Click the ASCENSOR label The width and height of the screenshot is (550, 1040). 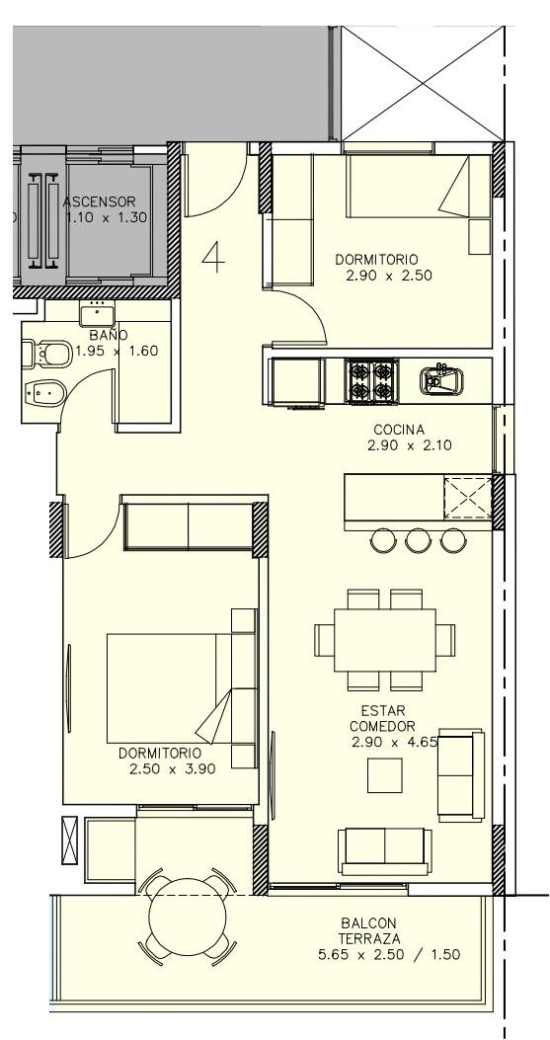[x=99, y=201]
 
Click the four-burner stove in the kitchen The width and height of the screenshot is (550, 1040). [x=371, y=380]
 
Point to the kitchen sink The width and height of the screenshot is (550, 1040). [x=441, y=380]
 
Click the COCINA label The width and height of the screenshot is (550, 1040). [x=398, y=430]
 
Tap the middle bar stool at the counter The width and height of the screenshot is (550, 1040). [x=418, y=540]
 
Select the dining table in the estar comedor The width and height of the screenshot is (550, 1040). [x=385, y=640]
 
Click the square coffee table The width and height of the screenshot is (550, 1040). [x=385, y=775]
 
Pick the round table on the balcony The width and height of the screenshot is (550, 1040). [x=187, y=917]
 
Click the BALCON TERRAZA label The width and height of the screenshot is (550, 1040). [x=369, y=930]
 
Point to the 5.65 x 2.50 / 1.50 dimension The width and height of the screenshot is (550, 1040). [x=389, y=955]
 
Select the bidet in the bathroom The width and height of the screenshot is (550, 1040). [x=43, y=395]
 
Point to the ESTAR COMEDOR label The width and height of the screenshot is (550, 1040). [x=383, y=718]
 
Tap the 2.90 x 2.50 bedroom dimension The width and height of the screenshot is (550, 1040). [x=389, y=276]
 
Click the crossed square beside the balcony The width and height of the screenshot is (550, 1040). [x=70, y=840]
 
